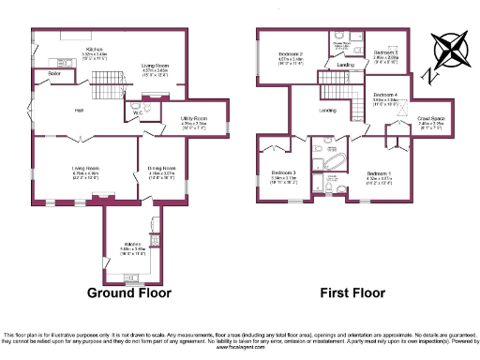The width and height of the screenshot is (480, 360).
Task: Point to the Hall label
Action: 81,111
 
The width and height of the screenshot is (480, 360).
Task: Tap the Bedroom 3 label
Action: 284,172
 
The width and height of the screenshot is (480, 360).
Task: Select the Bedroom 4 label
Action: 384,96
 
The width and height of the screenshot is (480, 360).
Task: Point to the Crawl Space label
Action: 430,119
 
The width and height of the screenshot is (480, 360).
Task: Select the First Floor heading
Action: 353,292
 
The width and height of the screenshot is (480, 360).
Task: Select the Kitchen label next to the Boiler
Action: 95,49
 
